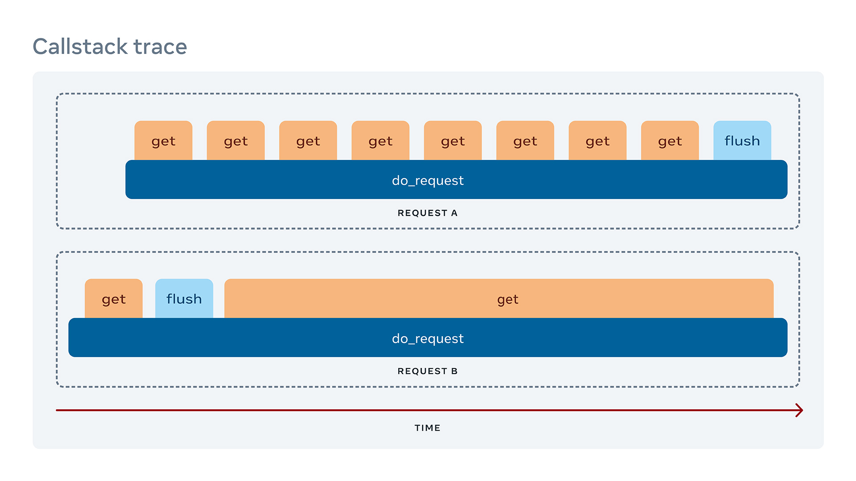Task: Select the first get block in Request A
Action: coord(163,141)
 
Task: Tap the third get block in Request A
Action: coord(308,141)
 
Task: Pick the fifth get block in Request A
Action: coord(453,141)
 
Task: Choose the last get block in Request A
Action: coord(670,141)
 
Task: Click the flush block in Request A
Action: coord(742,141)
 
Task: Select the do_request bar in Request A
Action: coord(456,180)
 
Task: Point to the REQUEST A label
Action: coord(428,213)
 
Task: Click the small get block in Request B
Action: coord(114,299)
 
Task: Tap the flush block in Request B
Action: coord(184,299)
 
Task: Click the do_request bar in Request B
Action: coord(428,338)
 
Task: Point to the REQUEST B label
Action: coord(428,371)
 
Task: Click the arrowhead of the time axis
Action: coord(799,410)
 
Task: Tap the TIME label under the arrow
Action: coord(428,428)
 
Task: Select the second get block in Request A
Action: coord(235,141)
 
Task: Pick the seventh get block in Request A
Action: coord(597,141)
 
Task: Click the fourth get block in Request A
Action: coord(380,141)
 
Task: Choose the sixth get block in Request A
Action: coord(525,141)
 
